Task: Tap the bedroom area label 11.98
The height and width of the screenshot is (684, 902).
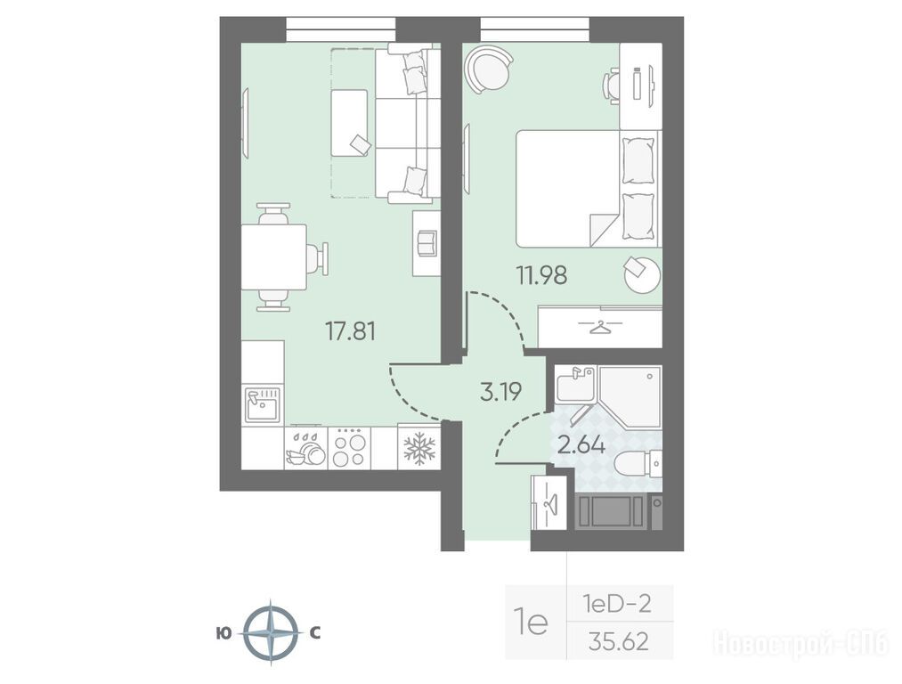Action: click(541, 275)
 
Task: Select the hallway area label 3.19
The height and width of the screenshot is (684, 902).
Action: click(500, 392)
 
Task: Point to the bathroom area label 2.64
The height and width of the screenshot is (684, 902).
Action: click(581, 444)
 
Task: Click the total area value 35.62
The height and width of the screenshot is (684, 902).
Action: click(618, 641)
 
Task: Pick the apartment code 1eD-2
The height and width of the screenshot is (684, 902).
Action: click(617, 604)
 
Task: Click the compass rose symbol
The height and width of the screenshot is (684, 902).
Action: click(271, 633)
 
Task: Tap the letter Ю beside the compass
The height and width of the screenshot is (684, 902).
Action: click(223, 633)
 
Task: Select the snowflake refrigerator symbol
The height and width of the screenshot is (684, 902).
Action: click(419, 448)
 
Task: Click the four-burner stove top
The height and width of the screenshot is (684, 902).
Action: click(349, 449)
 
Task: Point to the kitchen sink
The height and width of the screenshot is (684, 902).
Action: click(263, 404)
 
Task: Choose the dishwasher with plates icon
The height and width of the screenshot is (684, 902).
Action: click(305, 449)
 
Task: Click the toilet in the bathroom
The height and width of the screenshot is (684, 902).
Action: click(638, 464)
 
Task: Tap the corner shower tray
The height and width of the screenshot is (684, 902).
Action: click(630, 396)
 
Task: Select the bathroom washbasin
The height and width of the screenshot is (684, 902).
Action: click(574, 383)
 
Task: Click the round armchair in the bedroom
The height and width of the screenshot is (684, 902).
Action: click(489, 69)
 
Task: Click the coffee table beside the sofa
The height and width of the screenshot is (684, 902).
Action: click(349, 123)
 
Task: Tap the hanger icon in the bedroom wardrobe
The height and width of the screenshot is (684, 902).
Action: click(599, 327)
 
